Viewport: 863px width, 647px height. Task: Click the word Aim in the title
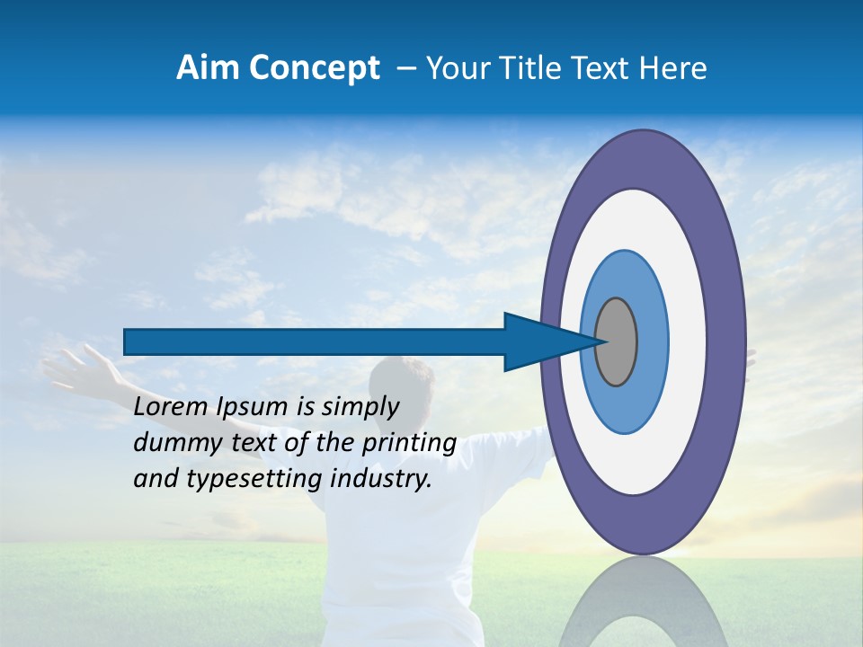pyautogui.click(x=207, y=68)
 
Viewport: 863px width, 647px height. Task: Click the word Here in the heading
pyautogui.click(x=675, y=68)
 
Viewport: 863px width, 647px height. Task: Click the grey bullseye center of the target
pyautogui.click(x=617, y=341)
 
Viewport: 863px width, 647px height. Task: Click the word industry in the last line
pyautogui.click(x=381, y=480)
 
